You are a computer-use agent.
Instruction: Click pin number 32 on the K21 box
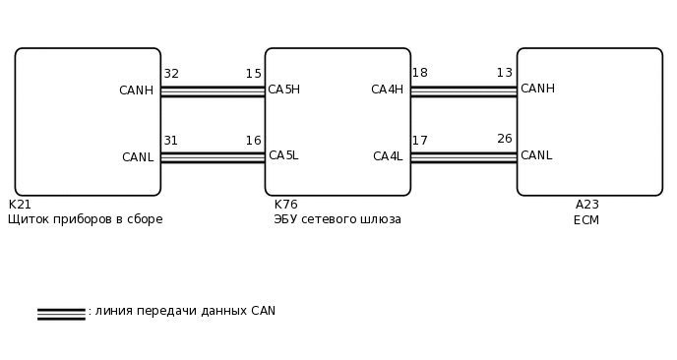pyautogui.click(x=171, y=74)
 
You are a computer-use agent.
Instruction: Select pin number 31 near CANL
pyautogui.click(x=170, y=141)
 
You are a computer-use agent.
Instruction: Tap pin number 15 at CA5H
pyautogui.click(x=254, y=74)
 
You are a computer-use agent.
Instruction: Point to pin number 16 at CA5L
pyautogui.click(x=254, y=141)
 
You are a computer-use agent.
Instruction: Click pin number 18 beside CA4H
pyautogui.click(x=419, y=73)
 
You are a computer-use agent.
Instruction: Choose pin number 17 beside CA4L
pyautogui.click(x=419, y=141)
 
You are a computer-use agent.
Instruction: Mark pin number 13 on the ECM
pyautogui.click(x=505, y=73)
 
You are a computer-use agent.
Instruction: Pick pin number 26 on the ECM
pyautogui.click(x=505, y=139)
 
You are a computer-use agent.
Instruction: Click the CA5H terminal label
pyautogui.click(x=283, y=90)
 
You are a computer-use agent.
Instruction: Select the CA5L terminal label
pyautogui.click(x=283, y=155)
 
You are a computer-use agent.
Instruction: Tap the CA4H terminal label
pyautogui.click(x=387, y=90)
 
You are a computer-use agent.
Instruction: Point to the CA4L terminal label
pyautogui.click(x=388, y=156)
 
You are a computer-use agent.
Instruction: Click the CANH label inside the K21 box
pyautogui.click(x=136, y=90)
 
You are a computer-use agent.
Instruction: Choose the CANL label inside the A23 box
pyautogui.click(x=536, y=155)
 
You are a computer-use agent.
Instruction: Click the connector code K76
pyautogui.click(x=285, y=205)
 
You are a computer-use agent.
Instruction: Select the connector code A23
pyautogui.click(x=587, y=205)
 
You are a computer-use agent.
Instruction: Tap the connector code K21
pyautogui.click(x=20, y=205)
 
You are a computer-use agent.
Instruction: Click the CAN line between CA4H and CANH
pyautogui.click(x=463, y=91)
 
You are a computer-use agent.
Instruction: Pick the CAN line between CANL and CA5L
pyautogui.click(x=213, y=157)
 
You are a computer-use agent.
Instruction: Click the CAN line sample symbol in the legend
pyautogui.click(x=61, y=314)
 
